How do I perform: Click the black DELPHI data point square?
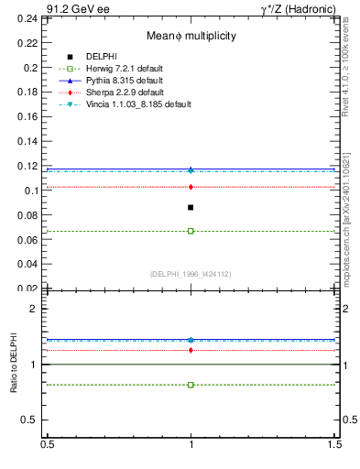coord(191,208)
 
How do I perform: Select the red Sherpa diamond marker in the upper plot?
coord(191,187)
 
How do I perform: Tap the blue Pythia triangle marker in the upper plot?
coord(191,169)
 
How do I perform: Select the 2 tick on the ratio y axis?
coord(37,309)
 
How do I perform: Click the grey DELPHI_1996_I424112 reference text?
coord(191,273)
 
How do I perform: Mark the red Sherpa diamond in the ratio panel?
coord(191,350)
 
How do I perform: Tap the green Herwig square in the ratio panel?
coord(191,385)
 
